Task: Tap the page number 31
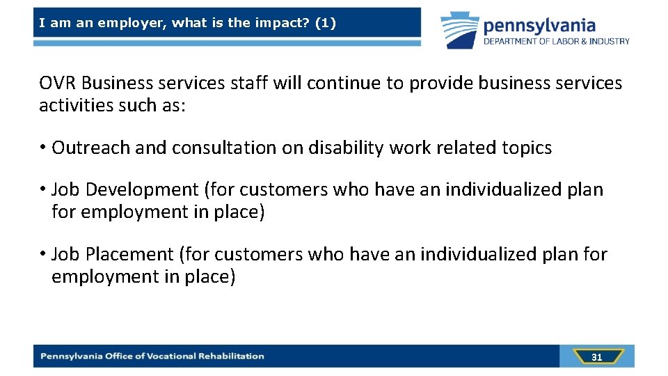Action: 596,357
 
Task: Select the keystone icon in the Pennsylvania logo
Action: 459,29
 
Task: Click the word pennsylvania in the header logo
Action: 539,26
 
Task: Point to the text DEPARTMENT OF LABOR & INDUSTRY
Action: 557,42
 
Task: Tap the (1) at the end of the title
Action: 325,23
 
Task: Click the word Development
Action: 143,189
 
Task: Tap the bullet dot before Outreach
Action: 43,148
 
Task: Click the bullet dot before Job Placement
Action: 43,255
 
